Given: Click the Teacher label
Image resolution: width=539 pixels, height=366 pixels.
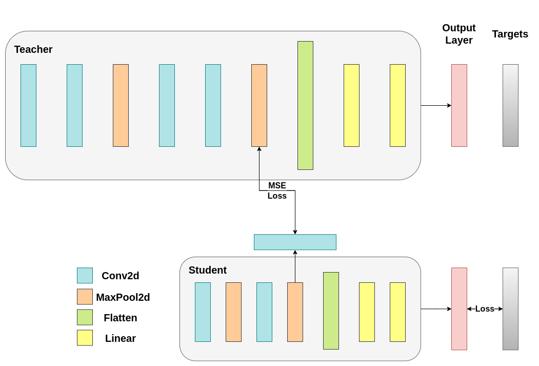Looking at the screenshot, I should (33, 50).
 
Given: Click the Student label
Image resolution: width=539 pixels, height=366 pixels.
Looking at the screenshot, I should (208, 271).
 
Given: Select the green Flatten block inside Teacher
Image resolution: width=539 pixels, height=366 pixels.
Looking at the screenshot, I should (305, 105).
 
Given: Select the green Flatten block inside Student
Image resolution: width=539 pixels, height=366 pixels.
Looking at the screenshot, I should (331, 311).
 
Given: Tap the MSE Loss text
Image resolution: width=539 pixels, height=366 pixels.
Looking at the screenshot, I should (277, 190).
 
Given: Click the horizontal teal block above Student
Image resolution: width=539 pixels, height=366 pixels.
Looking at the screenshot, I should (295, 242).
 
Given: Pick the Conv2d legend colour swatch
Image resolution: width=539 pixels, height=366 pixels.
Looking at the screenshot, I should (85, 276).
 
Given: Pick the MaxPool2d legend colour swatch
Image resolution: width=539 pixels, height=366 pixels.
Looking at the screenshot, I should (85, 297).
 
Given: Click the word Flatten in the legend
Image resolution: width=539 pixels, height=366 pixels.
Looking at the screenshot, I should (121, 318).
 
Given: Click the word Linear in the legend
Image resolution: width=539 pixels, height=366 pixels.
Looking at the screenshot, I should (121, 339).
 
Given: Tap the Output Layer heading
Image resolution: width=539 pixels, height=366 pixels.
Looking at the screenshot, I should (459, 34).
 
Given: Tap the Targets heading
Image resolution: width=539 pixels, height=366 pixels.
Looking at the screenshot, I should (510, 34).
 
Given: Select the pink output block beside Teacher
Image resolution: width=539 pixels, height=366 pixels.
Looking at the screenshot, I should (459, 105).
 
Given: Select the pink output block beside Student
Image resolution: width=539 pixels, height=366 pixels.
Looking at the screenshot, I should (459, 309).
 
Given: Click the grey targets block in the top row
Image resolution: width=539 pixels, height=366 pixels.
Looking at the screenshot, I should (510, 105).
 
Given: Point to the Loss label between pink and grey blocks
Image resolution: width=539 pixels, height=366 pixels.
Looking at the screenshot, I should (485, 309).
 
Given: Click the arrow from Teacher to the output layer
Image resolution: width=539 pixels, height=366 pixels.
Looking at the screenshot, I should (436, 105).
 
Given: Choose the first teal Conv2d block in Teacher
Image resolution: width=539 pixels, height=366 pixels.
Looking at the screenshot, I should (28, 105).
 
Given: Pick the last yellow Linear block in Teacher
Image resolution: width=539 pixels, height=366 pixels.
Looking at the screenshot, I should (397, 105).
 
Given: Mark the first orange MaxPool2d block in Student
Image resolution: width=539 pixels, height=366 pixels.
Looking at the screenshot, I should (233, 312).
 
